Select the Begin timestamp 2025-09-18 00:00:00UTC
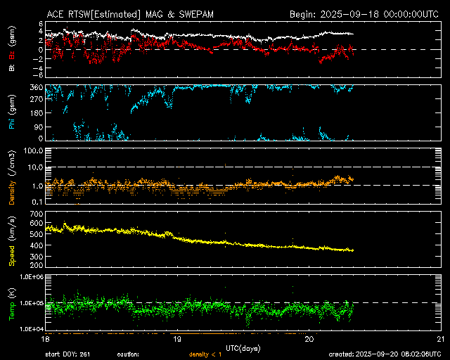pyautogui.click(x=364, y=13)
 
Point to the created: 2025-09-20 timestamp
pyautogui.click(x=394, y=354)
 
